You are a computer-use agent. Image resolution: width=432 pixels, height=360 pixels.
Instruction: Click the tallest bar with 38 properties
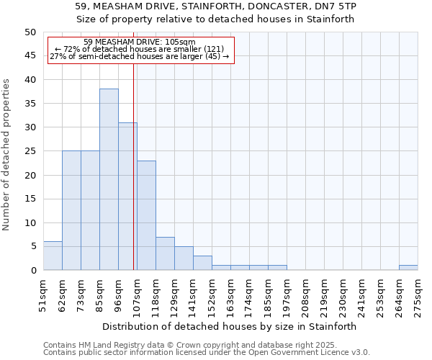(109, 179)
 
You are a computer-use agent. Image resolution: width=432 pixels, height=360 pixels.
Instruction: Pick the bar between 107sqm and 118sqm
(146, 215)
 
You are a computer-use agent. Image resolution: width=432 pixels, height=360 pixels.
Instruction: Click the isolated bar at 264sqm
(408, 268)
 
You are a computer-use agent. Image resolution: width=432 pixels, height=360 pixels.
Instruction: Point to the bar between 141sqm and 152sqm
(202, 263)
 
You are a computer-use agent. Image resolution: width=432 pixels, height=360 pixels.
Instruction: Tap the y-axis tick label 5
(32, 246)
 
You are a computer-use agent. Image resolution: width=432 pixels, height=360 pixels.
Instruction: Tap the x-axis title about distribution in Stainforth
(230, 326)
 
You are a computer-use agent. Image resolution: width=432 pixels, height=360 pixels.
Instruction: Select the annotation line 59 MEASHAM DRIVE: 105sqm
(139, 42)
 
